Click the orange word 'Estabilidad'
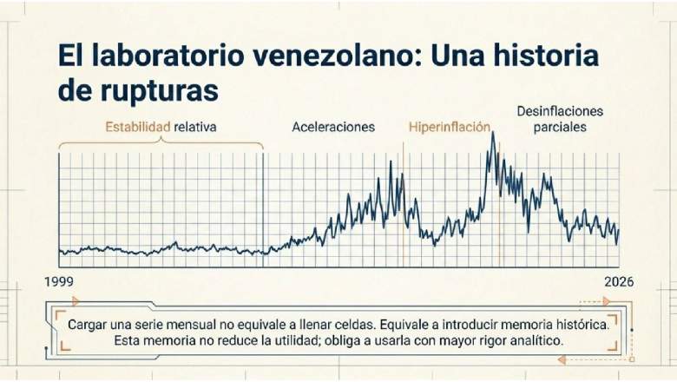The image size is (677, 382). (138, 127)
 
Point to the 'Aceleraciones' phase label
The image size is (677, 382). (333, 127)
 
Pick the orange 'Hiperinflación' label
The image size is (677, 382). (450, 127)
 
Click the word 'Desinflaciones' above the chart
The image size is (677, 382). (560, 111)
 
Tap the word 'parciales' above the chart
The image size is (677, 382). (560, 128)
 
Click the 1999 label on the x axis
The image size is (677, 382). (59, 282)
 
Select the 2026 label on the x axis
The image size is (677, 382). (619, 282)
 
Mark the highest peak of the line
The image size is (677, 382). (493, 133)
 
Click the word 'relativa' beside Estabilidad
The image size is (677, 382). (194, 127)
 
